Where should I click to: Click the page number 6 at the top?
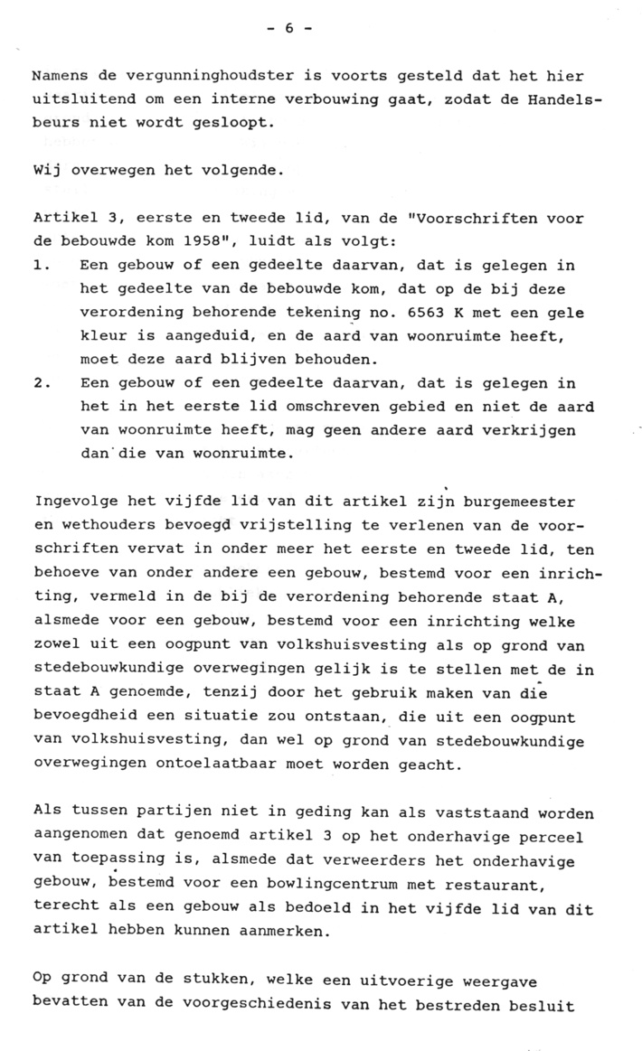click(290, 28)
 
